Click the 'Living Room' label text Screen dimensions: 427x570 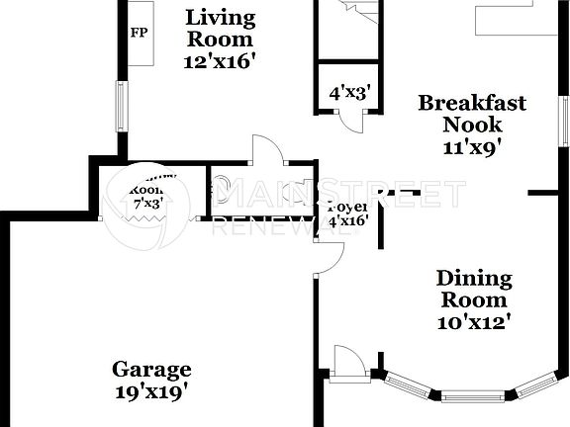pos(220,29)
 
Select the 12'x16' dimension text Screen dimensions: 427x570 pos(220,61)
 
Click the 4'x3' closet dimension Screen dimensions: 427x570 pos(349,94)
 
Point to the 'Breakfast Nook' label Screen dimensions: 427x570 pos(471,114)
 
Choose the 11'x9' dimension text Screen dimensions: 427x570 pos(472,148)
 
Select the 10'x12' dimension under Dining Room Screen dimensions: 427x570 pos(474,322)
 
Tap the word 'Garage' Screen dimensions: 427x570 pos(150,370)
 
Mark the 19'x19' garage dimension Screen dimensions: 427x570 pos(150,391)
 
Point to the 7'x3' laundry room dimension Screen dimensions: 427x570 pos(148,203)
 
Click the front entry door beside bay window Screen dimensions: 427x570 pos(347,362)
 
